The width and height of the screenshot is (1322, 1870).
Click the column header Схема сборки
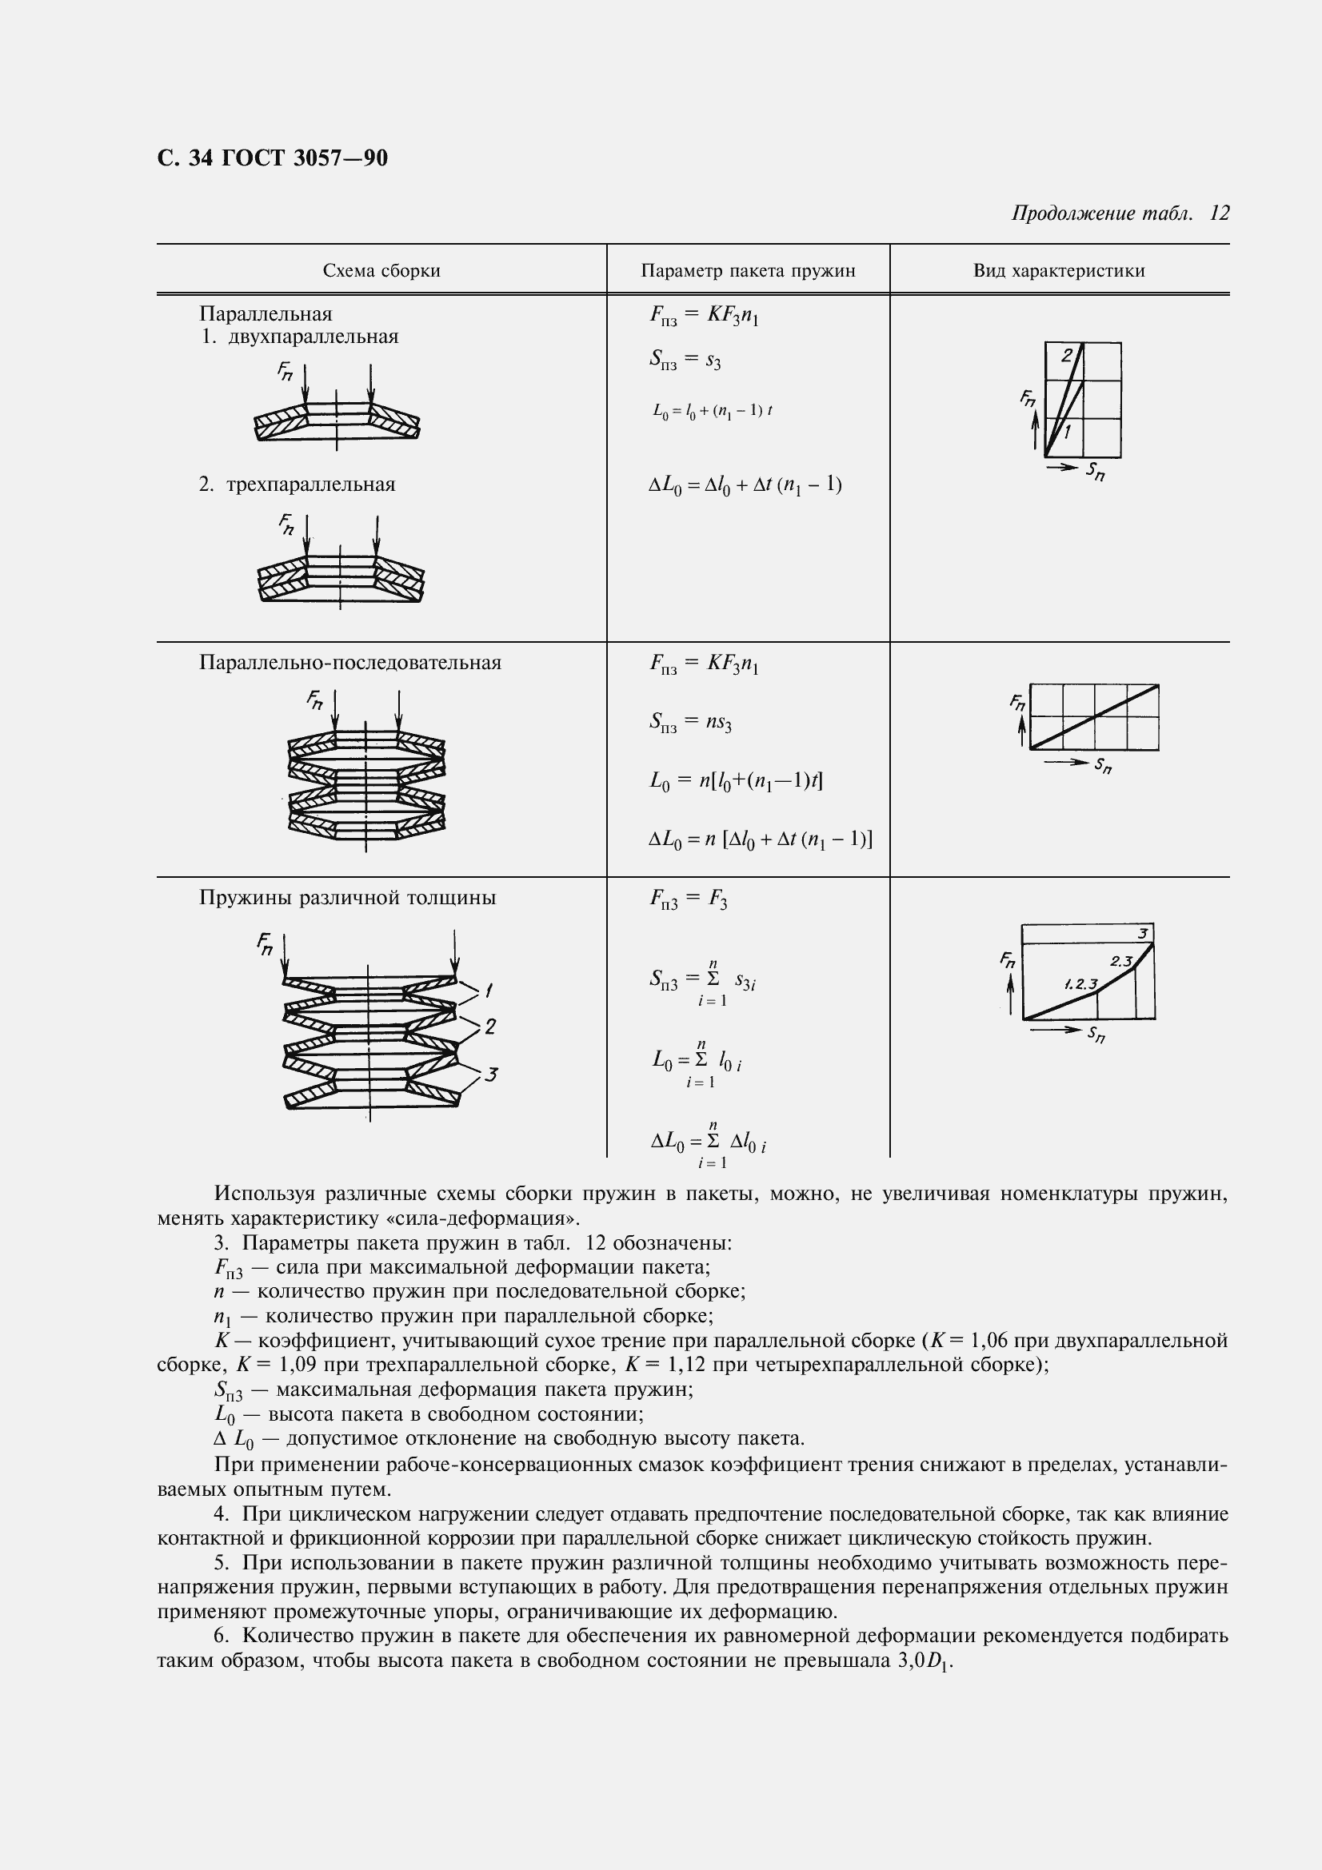(x=381, y=270)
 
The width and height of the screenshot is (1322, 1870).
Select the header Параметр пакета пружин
(x=748, y=270)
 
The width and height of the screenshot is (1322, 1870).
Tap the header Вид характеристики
(x=1059, y=270)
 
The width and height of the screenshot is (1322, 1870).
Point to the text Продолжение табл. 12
(x=1120, y=213)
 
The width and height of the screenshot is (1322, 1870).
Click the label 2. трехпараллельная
(x=298, y=484)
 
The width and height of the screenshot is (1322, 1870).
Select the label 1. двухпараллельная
(x=300, y=337)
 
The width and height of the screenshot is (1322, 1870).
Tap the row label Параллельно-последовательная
(x=350, y=662)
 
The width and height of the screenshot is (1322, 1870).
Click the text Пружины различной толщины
(x=348, y=898)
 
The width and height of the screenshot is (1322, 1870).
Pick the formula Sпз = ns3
(x=690, y=722)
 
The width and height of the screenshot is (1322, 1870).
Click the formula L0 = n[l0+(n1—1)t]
(x=736, y=780)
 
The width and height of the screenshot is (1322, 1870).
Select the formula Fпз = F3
(x=689, y=899)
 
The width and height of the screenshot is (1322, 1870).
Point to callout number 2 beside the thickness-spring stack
(x=490, y=1027)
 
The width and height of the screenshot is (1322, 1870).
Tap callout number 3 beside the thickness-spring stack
(x=490, y=1075)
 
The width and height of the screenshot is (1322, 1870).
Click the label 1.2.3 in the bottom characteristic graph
(x=1081, y=984)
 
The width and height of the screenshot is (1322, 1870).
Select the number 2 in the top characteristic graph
(x=1066, y=355)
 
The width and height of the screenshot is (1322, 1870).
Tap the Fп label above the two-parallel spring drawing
(x=285, y=373)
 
